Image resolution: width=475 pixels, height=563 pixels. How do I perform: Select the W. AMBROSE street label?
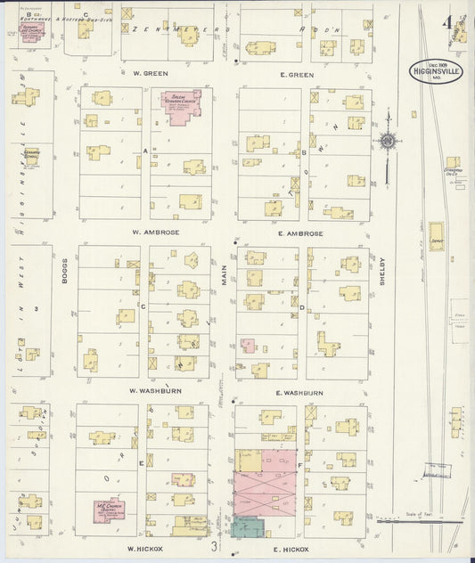coord(156,233)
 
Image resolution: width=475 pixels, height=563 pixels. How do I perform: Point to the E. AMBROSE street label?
coord(299,233)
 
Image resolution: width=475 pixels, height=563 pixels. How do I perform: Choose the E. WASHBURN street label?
coord(299,392)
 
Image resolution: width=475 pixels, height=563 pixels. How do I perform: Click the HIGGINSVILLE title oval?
coord(437,71)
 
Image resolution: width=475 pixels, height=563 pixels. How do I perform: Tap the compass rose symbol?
coord(388,141)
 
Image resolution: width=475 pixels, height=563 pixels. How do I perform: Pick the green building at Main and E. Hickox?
coord(247,527)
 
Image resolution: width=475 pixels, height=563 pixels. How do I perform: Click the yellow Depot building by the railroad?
coord(437,236)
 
